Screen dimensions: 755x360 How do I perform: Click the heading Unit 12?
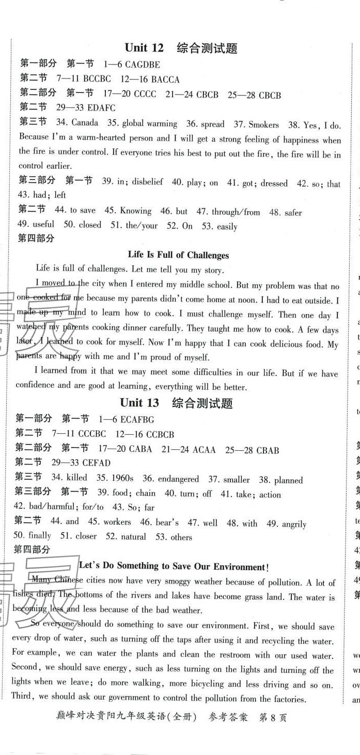click(x=144, y=48)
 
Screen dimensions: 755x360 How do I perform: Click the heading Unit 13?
click(x=139, y=403)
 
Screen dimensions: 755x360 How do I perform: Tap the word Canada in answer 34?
click(x=85, y=123)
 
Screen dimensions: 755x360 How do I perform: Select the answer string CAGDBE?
click(x=139, y=65)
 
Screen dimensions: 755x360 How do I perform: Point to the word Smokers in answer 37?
click(x=263, y=124)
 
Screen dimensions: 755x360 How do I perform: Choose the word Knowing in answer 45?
click(x=135, y=211)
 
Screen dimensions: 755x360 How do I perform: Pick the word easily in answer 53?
click(x=227, y=226)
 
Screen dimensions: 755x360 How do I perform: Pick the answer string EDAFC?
click(x=96, y=108)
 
